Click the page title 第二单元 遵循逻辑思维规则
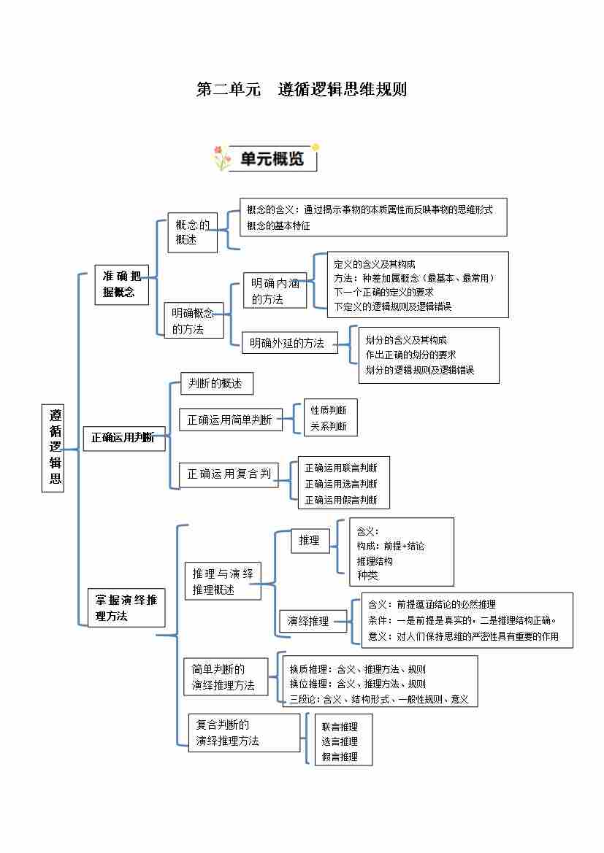tap(302, 90)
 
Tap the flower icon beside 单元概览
tap(221, 158)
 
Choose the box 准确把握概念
tap(121, 285)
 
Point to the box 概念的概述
tap(192, 232)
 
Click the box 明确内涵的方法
tap(275, 290)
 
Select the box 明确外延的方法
tap(289, 343)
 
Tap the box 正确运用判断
tap(123, 438)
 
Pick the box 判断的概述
tap(215, 384)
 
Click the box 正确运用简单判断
tap(230, 420)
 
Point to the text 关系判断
tap(329, 426)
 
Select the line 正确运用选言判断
tap(341, 484)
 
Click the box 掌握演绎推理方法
tap(126, 608)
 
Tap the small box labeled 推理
tap(310, 541)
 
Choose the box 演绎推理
tap(313, 621)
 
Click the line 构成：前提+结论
tap(390, 546)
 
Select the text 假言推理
tap(340, 757)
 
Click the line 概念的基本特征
tap(279, 225)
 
